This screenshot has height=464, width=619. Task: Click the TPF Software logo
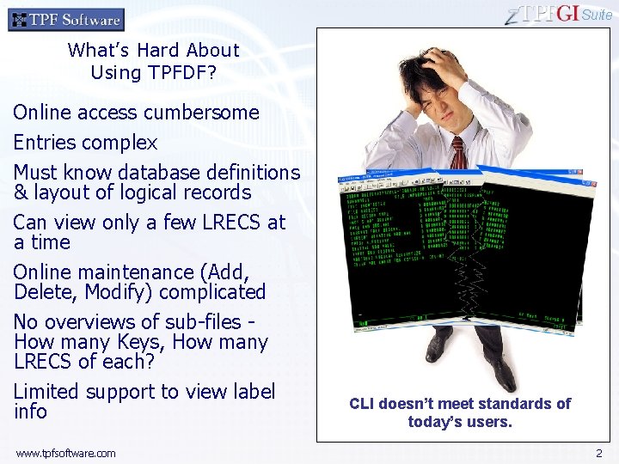66,19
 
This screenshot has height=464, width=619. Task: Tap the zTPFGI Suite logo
559,14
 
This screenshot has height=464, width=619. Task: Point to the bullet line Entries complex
85,143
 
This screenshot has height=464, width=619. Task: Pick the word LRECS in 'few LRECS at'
232,223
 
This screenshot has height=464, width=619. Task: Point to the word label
249,392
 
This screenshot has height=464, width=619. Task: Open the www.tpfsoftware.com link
65,453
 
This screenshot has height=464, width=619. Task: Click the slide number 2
599,453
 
